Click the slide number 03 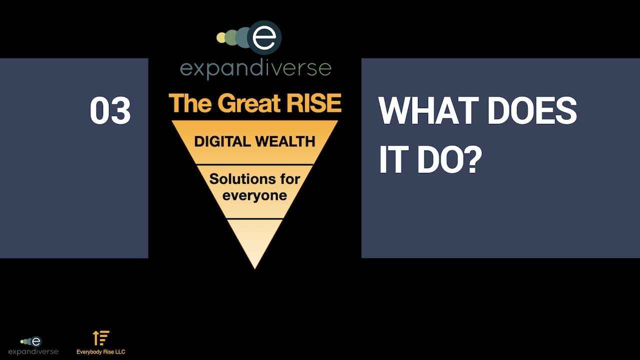pos(110,110)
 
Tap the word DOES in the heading pos(531,110)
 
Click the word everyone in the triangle pos(254,196)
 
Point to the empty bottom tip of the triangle pos(254,268)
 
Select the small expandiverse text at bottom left pos(33,351)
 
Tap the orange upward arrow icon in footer pos(96,338)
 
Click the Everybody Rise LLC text pos(101,352)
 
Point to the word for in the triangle pos(290,179)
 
